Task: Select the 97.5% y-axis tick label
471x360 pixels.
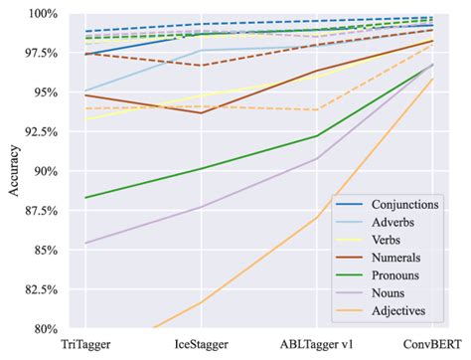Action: click(x=41, y=54)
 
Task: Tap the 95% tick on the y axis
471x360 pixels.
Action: click(x=46, y=92)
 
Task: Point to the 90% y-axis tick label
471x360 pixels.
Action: click(x=46, y=171)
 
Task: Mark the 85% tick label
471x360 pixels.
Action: click(x=46, y=250)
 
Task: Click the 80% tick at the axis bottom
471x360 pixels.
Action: click(x=46, y=328)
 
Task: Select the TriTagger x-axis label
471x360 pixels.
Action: click(x=87, y=344)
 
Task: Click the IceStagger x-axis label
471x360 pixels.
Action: click(x=203, y=344)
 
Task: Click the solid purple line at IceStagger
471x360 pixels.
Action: click(x=203, y=207)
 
